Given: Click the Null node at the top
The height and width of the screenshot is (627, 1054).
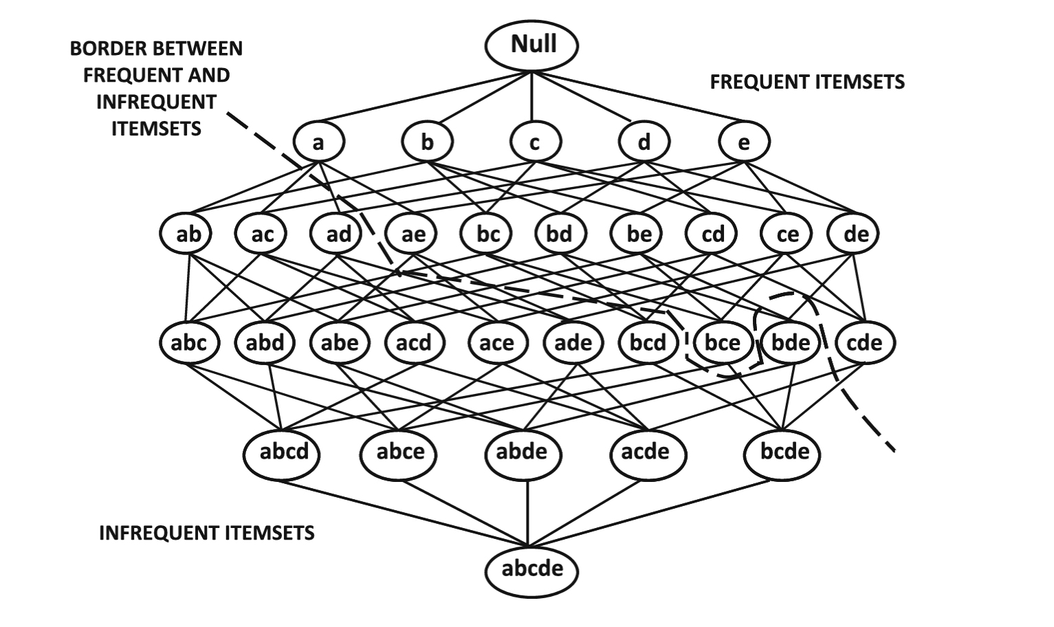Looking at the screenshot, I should (531, 45).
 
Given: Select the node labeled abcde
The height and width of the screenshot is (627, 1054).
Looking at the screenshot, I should (531, 569).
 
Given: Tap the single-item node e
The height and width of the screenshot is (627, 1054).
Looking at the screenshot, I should (744, 142).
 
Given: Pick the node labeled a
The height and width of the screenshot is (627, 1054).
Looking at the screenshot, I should (318, 142).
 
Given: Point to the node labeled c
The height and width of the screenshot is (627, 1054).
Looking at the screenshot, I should (535, 142).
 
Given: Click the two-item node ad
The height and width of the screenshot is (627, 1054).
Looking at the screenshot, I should (338, 234).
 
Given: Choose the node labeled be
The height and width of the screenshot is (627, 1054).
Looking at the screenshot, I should (639, 234).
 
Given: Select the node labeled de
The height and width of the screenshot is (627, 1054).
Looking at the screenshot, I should (856, 234).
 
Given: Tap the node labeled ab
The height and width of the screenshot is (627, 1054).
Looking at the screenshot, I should (188, 234).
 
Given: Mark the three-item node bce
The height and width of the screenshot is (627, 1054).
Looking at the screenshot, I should (723, 342).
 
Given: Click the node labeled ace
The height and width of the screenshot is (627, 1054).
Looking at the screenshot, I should (496, 342).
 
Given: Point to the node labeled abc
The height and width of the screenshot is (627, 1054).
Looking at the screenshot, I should (188, 342).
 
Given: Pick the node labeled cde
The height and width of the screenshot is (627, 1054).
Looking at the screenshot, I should (864, 342).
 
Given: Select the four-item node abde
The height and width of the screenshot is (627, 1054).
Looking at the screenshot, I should (522, 452).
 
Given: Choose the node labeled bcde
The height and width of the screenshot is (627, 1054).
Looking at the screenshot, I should (784, 452).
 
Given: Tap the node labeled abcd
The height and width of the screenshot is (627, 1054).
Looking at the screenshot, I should (281, 452).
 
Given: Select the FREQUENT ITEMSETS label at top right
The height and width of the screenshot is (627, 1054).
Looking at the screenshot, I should (807, 82).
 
